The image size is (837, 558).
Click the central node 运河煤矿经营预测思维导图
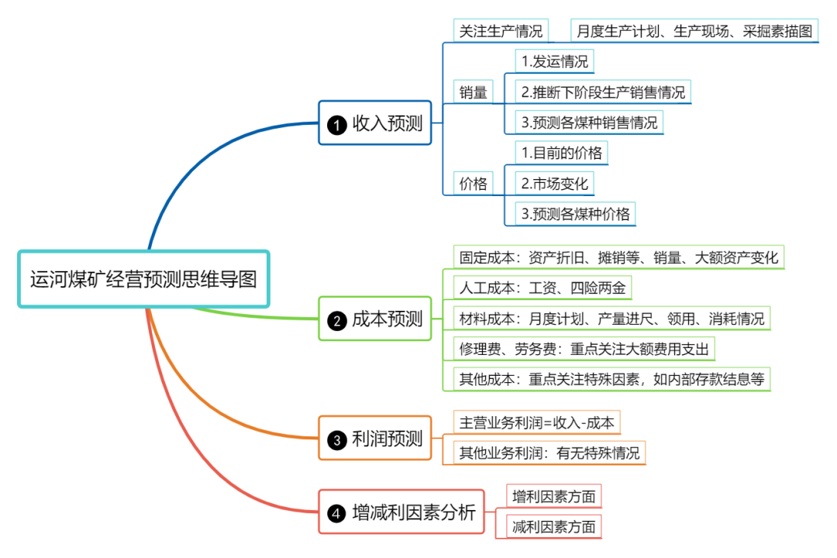143,279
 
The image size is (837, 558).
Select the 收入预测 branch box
375,122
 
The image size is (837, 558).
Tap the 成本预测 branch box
375,319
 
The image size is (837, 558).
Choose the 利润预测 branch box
375,439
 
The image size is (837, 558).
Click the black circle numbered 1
336,124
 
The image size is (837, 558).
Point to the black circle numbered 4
336,513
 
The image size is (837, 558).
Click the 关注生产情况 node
501,31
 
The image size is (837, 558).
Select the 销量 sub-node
474,92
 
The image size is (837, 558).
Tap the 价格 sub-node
474,184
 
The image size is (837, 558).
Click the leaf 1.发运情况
555,61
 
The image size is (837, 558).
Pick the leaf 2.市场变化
555,184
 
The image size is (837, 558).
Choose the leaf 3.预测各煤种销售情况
589,122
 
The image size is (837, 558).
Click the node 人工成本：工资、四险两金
542,288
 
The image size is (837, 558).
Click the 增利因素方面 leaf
554,496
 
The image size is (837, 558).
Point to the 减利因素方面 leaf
554,527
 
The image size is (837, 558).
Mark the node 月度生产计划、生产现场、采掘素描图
694,31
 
